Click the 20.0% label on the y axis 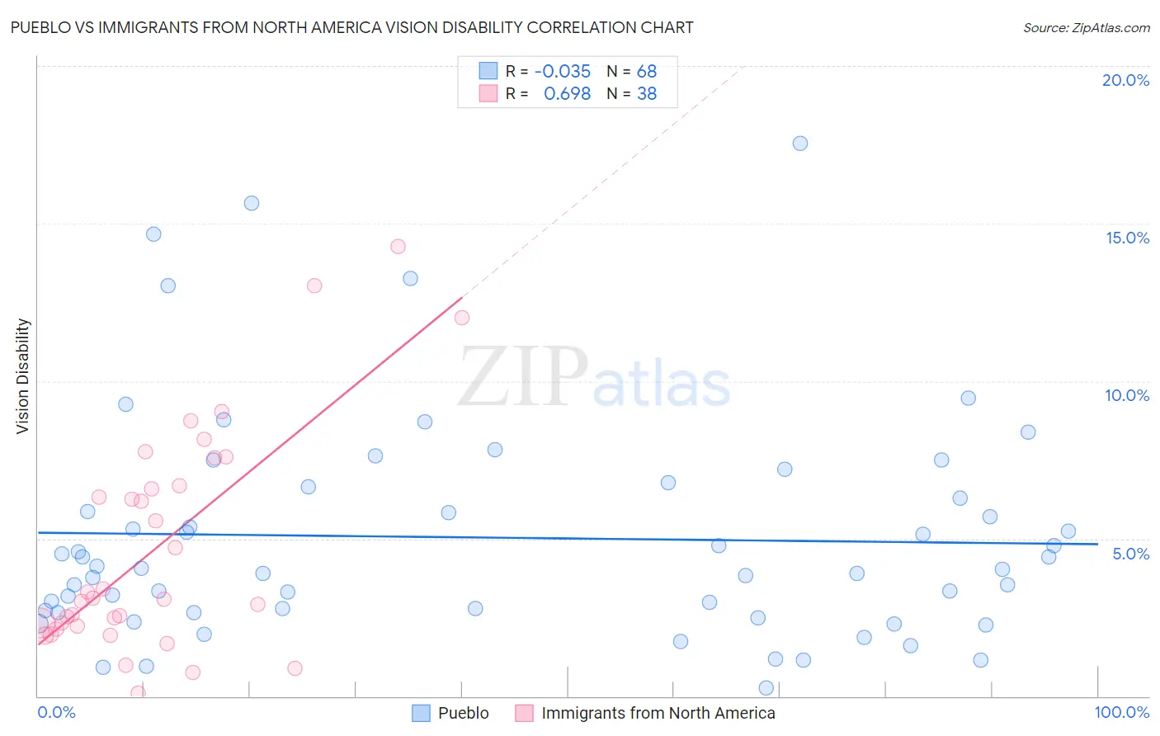click(x=1125, y=80)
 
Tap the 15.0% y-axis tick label click(x=1127, y=238)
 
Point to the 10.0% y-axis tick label click(x=1127, y=395)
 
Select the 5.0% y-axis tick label click(x=1130, y=554)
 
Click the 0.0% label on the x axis click(x=56, y=712)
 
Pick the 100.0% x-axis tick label click(x=1122, y=712)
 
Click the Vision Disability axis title click(x=23, y=376)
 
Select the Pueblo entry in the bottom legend click(x=463, y=713)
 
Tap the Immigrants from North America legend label click(x=658, y=713)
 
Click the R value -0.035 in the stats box click(x=562, y=72)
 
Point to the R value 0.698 click(x=567, y=94)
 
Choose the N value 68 click(x=646, y=72)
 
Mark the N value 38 click(x=646, y=94)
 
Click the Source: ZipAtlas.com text click(x=1086, y=28)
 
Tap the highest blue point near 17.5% click(x=800, y=144)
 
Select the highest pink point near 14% click(x=398, y=247)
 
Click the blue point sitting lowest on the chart click(x=766, y=688)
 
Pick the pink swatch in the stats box click(x=488, y=94)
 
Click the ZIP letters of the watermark click(x=523, y=377)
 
